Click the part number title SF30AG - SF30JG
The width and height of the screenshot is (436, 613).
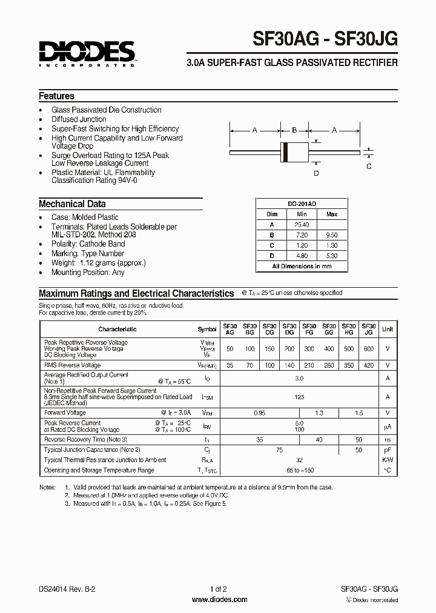(325, 39)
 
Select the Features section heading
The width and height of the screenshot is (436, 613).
(56, 96)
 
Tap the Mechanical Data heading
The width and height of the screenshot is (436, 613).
(72, 204)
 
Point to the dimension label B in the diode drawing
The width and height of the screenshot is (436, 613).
(294, 130)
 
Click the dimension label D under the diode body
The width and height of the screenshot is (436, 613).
(315, 173)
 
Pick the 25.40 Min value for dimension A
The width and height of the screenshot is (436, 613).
(302, 224)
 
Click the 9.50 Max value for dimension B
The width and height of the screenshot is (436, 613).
(332, 234)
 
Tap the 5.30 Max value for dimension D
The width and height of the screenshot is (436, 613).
(332, 255)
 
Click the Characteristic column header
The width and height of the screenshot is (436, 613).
(117, 329)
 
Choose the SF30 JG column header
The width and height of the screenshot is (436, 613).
(369, 329)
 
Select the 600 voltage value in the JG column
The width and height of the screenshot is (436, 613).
(369, 350)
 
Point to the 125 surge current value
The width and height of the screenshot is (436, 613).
(299, 397)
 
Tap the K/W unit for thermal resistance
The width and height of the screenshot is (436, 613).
(388, 460)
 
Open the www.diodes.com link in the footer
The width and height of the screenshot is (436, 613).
(219, 600)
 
